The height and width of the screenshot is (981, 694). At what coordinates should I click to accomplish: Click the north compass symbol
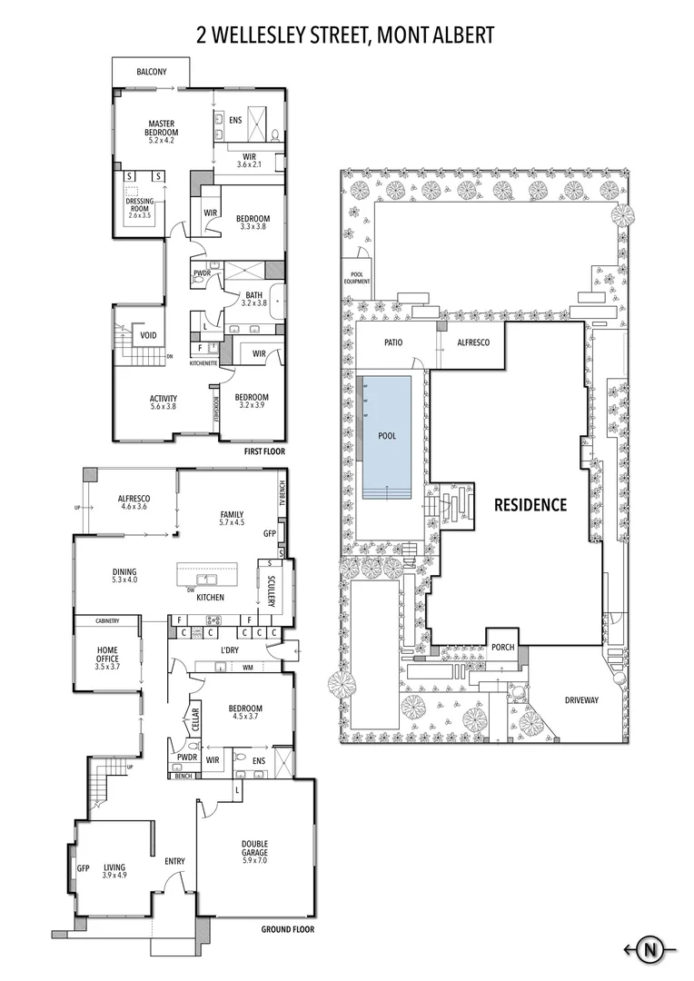pyautogui.click(x=649, y=950)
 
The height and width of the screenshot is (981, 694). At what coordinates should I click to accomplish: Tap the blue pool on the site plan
pyautogui.click(x=387, y=437)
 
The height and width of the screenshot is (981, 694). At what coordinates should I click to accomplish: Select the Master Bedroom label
pyautogui.click(x=161, y=128)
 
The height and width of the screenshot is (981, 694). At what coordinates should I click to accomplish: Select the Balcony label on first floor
pyautogui.click(x=151, y=72)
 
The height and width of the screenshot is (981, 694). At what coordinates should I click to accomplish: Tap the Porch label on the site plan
pyautogui.click(x=502, y=648)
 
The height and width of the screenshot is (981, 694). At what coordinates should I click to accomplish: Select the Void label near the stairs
pyautogui.click(x=146, y=335)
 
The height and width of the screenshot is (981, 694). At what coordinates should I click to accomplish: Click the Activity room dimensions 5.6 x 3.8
pyautogui.click(x=164, y=407)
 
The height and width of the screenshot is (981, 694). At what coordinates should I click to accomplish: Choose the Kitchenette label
pyautogui.click(x=204, y=362)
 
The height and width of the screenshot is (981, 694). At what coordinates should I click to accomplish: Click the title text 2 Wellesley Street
pyautogui.click(x=346, y=35)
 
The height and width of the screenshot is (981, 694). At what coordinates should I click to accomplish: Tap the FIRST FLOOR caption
pyautogui.click(x=265, y=450)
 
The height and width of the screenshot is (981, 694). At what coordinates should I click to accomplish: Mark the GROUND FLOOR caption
pyautogui.click(x=287, y=929)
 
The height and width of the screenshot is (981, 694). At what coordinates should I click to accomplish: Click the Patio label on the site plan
pyautogui.click(x=392, y=342)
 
